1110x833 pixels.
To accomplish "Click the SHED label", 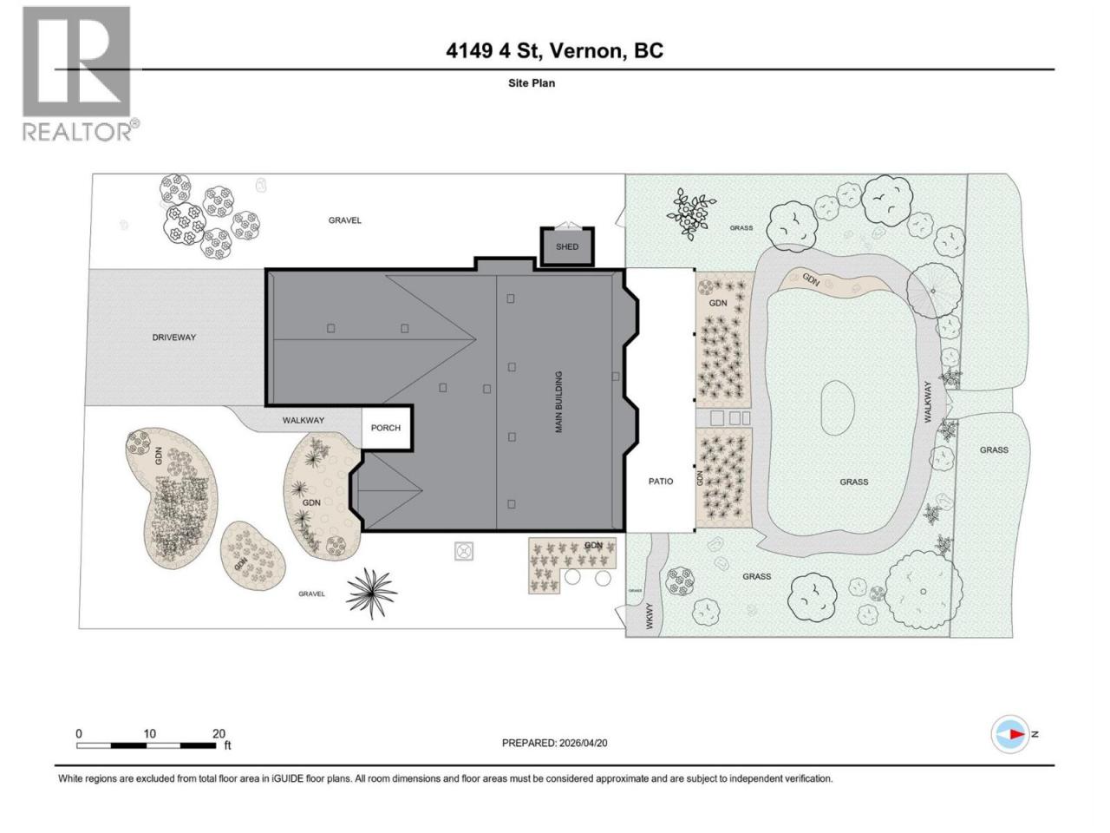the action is pos(566,246).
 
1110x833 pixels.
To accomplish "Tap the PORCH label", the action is pos(385,428).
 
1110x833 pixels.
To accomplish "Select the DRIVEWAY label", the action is pos(174,338).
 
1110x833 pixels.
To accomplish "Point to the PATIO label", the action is pos(661,482).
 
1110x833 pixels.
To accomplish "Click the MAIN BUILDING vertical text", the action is pos(558,402).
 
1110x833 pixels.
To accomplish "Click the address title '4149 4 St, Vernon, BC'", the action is pos(554,51).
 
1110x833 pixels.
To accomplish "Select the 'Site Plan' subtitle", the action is pos(532,83).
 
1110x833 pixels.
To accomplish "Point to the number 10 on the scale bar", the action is pos(150,733).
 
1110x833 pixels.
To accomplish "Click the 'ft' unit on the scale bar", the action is pos(227,745).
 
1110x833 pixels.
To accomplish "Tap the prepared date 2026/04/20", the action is pos(582,743).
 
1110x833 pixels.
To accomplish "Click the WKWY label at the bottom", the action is pos(650,616).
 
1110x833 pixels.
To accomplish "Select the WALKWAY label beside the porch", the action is pos(304,420).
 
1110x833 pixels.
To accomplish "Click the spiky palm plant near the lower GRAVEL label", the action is pos(372,593).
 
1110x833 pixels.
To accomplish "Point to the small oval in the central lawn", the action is pos(838,408).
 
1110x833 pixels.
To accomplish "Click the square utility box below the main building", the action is pos(464,551).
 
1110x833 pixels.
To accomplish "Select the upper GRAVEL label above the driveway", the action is pos(345,220).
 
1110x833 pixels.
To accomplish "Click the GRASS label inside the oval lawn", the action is pos(854,482).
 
